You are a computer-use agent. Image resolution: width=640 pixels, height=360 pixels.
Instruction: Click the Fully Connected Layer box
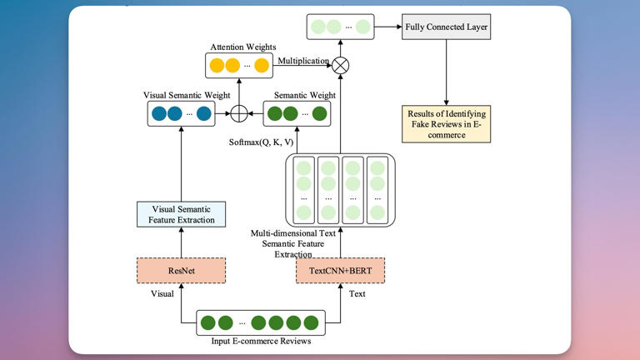pos(446,27)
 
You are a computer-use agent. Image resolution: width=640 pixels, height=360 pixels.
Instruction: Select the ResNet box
pos(181,271)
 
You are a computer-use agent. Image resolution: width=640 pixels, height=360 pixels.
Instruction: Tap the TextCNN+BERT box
pos(340,271)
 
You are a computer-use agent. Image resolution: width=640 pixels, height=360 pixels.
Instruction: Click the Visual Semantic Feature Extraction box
pos(181,214)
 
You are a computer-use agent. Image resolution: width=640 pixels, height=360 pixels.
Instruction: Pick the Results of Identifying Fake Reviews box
pos(446,124)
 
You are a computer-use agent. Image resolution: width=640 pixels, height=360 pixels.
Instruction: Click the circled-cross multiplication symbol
pos(340,65)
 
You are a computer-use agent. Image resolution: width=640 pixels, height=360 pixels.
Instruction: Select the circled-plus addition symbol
pos(239,113)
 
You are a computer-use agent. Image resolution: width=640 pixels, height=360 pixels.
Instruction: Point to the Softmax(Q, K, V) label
pos(261,142)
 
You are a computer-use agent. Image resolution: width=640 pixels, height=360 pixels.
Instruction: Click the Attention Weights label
pos(243,47)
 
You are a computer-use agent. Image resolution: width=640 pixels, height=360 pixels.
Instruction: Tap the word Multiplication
pos(303,61)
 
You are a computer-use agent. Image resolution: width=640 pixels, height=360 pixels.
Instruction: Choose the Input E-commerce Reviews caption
pos(261,341)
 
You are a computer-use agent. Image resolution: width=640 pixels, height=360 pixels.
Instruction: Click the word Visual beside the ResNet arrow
pos(162,294)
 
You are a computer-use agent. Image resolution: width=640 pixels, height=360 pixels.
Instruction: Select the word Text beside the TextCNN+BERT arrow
pos(357,294)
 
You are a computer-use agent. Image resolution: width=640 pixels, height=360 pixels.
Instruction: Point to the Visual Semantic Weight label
pos(187,95)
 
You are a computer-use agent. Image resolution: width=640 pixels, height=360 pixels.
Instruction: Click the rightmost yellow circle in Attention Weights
pos(262,65)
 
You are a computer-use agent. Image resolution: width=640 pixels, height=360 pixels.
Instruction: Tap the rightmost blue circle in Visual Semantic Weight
pos(203,113)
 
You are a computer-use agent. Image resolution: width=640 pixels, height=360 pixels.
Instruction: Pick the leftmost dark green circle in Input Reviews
pos(208,322)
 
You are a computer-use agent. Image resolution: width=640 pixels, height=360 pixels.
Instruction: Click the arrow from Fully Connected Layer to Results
pos(446,72)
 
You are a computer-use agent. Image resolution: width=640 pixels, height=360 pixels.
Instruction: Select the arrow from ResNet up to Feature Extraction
pos(181,242)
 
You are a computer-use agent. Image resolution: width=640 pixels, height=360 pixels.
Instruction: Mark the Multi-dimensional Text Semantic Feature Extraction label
pos(293,243)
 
